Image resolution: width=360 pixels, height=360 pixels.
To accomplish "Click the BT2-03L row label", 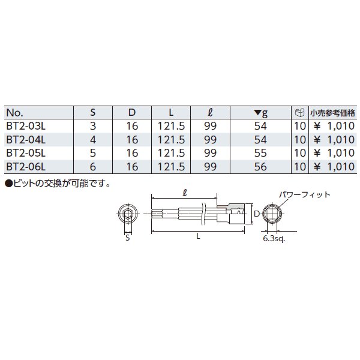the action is (x=26, y=126).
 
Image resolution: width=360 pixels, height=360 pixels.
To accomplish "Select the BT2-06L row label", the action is (x=26, y=167).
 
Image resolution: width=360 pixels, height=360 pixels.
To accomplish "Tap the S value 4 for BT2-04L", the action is (x=93, y=140).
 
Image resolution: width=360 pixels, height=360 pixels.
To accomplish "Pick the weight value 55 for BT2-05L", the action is (x=260, y=153).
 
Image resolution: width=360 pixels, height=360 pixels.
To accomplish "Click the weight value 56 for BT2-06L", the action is (x=260, y=167).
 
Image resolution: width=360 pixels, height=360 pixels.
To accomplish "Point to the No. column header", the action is (x=14, y=113).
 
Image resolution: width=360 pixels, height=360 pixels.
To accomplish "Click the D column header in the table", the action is (x=132, y=113).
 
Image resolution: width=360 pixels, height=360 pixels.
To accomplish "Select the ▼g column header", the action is (x=261, y=113).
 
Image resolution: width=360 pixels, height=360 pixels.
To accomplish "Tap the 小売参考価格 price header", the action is (x=332, y=113).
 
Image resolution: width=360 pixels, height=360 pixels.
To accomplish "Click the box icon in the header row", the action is (x=299, y=113).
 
